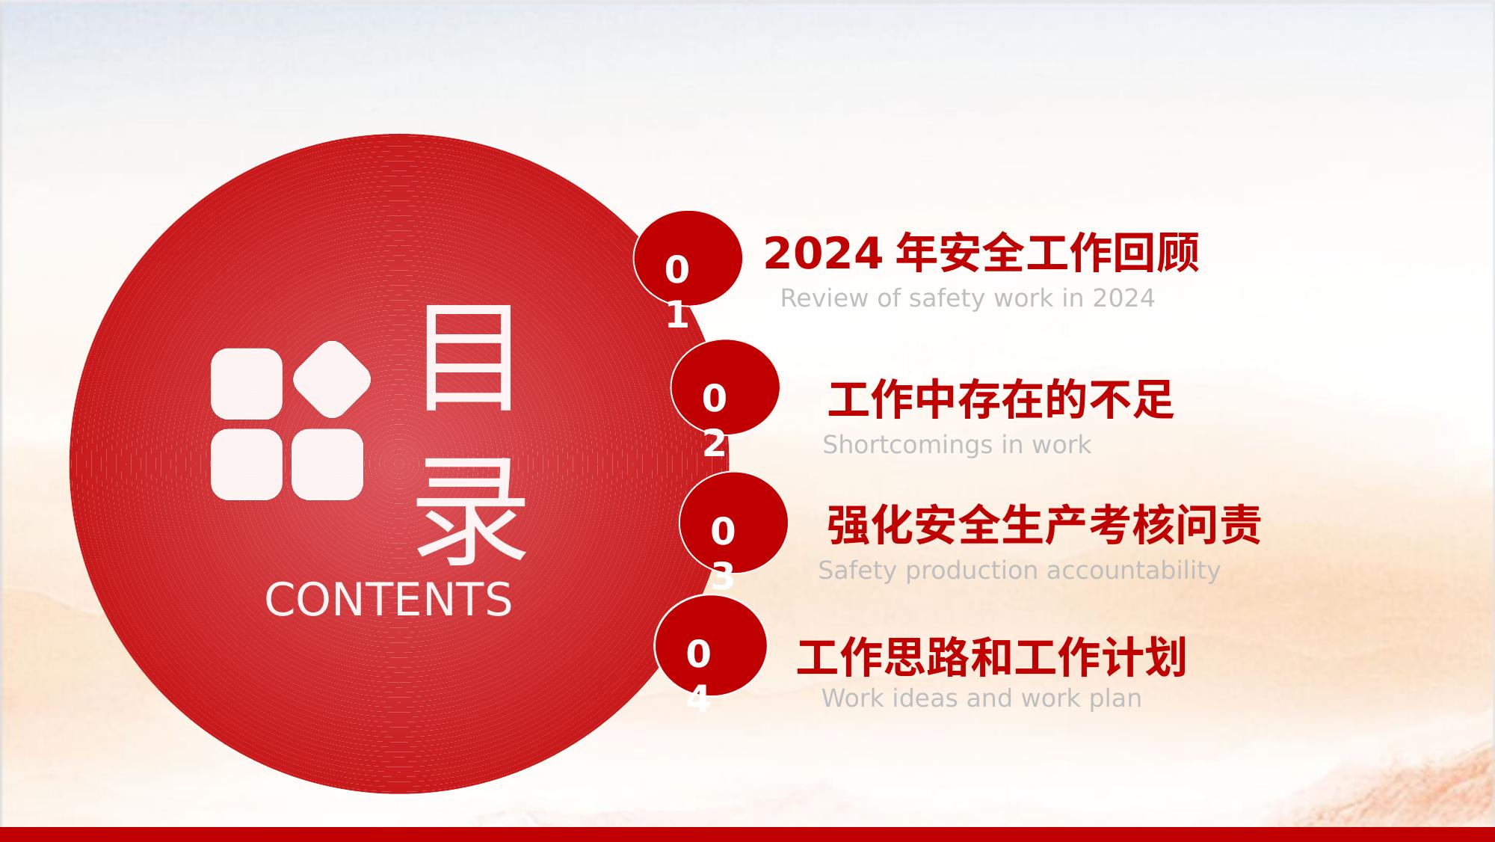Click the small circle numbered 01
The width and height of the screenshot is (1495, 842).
coord(688,258)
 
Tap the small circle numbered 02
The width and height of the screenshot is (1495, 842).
coord(725,387)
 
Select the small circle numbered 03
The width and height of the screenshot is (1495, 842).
coord(733,523)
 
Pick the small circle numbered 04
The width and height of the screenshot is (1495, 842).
coord(710,645)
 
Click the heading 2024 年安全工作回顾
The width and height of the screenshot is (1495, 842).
coord(981,253)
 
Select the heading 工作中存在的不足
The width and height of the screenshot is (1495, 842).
coord(1001,399)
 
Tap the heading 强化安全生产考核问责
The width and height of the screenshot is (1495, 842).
coord(1044,524)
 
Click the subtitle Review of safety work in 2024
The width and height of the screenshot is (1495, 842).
coord(967,298)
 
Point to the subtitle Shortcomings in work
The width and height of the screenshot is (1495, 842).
coord(957,445)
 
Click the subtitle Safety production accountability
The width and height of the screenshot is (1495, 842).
coord(1019,571)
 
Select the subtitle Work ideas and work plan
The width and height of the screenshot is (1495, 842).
coord(981,698)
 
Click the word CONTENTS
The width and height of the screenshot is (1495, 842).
coord(389,600)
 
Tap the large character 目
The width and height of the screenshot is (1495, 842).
coord(469,358)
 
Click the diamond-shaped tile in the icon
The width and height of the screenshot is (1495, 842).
coord(332,379)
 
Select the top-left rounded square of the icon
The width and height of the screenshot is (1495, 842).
coord(247,384)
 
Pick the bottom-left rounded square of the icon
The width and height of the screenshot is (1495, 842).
coord(247,464)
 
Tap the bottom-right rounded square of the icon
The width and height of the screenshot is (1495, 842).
coord(327,464)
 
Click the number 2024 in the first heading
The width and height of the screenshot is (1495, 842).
coord(822,253)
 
